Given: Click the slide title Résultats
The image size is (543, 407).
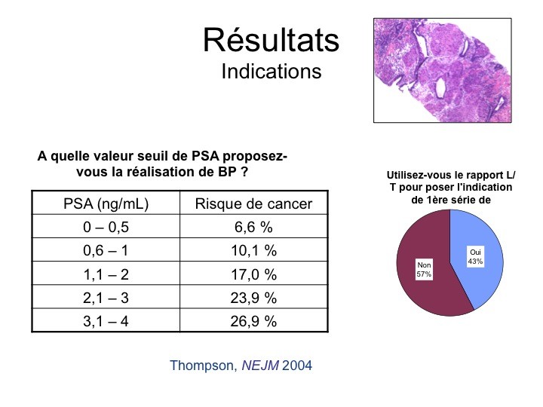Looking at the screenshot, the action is (x=271, y=40).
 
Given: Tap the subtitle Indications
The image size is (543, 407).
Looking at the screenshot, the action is (x=271, y=72).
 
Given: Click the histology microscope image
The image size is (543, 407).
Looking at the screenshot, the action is (x=442, y=70).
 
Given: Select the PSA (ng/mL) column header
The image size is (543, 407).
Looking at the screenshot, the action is (x=106, y=203).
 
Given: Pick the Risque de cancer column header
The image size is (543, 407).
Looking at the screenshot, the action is (x=253, y=203).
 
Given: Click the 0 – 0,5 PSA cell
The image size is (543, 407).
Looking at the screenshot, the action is (x=106, y=227).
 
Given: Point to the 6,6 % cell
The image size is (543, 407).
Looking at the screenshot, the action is (x=253, y=227).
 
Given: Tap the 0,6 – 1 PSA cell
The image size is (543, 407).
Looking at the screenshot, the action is (x=106, y=250).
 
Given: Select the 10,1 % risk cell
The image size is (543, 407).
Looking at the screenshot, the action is (x=253, y=250).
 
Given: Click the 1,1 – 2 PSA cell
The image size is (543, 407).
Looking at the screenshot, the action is (x=106, y=274).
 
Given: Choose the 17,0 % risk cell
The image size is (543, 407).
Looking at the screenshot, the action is (x=253, y=274).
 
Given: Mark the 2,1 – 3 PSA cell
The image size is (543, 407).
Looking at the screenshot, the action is (x=106, y=298).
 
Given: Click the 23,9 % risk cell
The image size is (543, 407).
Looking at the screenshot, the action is (x=253, y=298).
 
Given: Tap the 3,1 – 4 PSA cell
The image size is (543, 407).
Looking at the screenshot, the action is (x=106, y=321).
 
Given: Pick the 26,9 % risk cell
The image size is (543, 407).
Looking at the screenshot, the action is (x=253, y=321).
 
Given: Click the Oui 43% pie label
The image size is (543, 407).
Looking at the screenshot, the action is (x=475, y=256).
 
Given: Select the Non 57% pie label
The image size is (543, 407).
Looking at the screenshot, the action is (x=424, y=270).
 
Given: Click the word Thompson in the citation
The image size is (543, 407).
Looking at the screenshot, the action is (x=203, y=366).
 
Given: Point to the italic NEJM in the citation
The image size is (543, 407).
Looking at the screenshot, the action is (x=260, y=365).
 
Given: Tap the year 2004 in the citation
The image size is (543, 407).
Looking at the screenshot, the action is (x=297, y=365).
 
